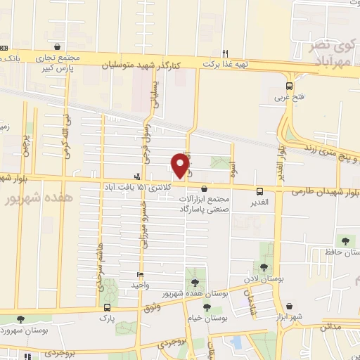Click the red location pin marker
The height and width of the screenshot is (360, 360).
click(x=181, y=166)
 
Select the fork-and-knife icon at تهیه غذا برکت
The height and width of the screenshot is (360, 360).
click(x=226, y=53)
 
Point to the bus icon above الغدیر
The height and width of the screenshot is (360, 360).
click(x=260, y=191)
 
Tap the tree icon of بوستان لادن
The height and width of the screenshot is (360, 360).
click(x=264, y=266)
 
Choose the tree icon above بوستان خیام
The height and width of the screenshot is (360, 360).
click(x=207, y=307)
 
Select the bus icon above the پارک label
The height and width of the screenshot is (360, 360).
click(x=107, y=308)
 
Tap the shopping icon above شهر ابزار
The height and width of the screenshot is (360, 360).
click(x=288, y=307)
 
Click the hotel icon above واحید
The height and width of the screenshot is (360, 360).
click(x=141, y=275)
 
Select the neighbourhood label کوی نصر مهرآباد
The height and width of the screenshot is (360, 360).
click(x=330, y=54)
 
